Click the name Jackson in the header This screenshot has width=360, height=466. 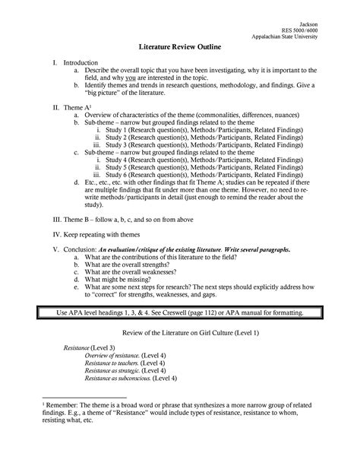tap(309, 23)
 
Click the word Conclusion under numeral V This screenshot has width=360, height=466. tap(80, 274)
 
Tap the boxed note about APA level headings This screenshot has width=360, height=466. tap(180, 334)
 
